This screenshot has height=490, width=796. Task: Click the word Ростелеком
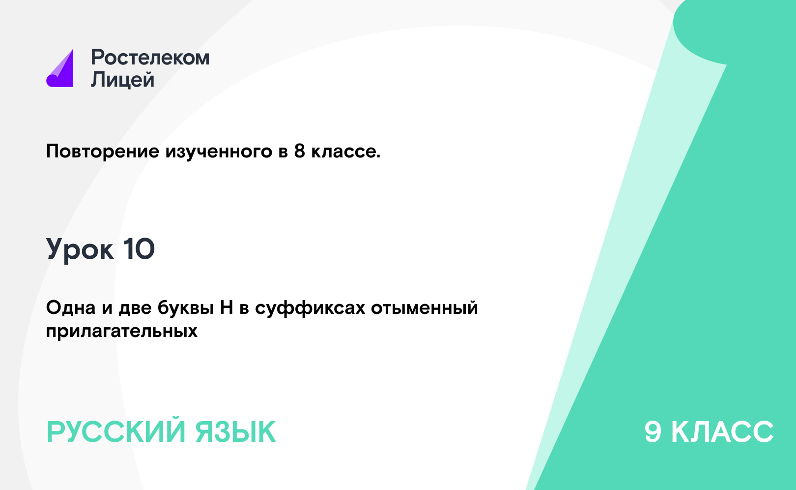(x=150, y=57)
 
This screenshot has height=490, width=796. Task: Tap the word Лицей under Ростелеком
(x=123, y=80)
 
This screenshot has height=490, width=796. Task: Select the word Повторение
(x=102, y=152)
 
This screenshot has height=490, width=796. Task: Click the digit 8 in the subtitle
(x=300, y=151)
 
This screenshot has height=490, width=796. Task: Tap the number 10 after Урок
(x=139, y=249)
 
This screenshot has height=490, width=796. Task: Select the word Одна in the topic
(x=71, y=307)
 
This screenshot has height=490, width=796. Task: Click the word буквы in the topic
(x=186, y=308)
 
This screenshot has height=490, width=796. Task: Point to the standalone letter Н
(x=227, y=308)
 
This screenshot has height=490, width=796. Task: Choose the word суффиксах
(x=310, y=308)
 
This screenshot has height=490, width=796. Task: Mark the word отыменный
(x=425, y=308)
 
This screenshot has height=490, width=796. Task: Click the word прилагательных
(x=122, y=332)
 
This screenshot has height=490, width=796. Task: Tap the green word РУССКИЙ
(x=116, y=431)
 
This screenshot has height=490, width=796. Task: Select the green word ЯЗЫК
(x=235, y=431)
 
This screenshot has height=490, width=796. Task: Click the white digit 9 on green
(x=653, y=431)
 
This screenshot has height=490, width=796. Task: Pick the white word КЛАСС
(x=722, y=431)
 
